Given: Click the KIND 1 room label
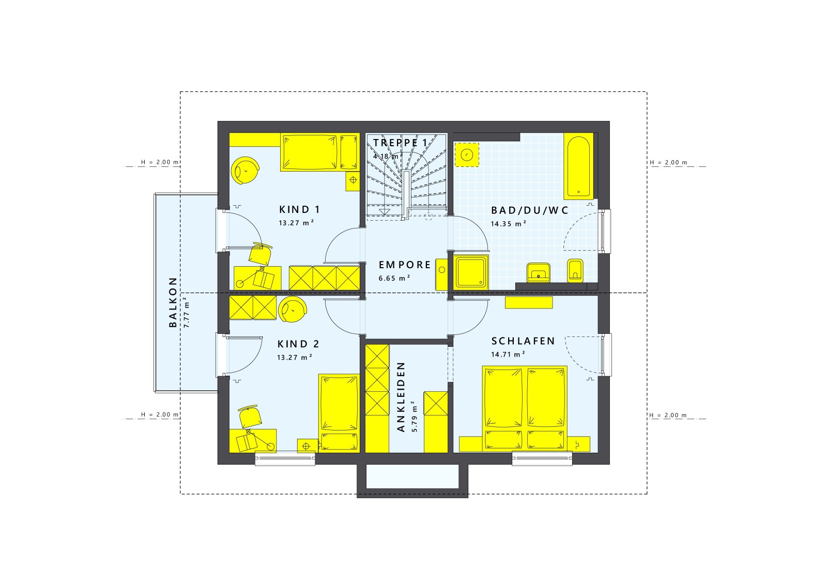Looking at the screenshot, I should click(x=299, y=209).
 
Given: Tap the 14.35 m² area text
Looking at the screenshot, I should click(x=509, y=224).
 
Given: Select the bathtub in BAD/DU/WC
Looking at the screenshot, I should click(x=578, y=166).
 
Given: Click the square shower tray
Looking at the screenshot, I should click(x=470, y=272).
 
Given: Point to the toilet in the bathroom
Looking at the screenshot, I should click(x=575, y=270).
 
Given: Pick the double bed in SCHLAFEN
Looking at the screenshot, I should click(x=525, y=408).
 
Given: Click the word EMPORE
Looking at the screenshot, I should click(x=405, y=265).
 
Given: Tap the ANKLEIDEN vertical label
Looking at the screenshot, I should click(x=401, y=397).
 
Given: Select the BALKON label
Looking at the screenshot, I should click(x=173, y=302).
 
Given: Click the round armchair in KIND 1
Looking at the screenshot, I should click(x=245, y=170).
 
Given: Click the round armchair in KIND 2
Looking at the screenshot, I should click(x=293, y=309).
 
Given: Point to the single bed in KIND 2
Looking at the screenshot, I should click(x=339, y=412).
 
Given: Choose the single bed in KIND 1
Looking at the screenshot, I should click(x=319, y=152).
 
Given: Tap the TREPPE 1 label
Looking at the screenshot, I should click(x=401, y=143).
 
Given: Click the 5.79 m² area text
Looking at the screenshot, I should click(x=413, y=417).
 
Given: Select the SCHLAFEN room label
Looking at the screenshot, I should click(x=523, y=341).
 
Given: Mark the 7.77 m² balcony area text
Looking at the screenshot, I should click(x=187, y=312).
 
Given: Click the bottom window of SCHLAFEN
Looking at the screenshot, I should click(x=542, y=458).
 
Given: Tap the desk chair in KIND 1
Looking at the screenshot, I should click(x=259, y=254).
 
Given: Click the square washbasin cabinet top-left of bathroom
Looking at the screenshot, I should click(x=467, y=155).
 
